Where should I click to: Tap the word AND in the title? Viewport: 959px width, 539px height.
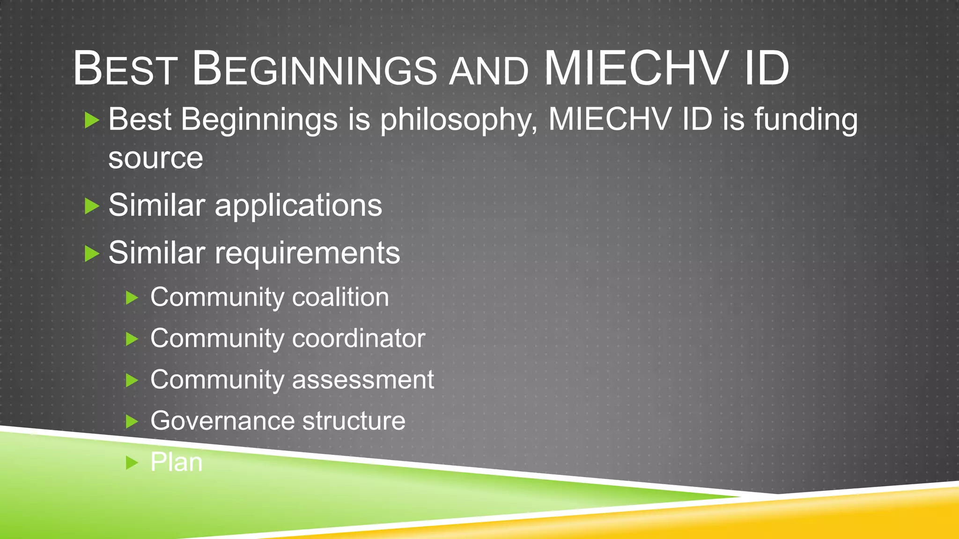click(488, 72)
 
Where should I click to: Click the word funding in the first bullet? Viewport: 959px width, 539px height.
click(806, 120)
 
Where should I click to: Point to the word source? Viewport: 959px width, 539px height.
click(155, 158)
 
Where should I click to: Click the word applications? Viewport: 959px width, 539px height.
click(298, 206)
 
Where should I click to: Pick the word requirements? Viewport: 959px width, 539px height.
click(307, 254)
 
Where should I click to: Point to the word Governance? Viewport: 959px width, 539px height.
click(222, 421)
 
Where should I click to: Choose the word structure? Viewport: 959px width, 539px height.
click(354, 421)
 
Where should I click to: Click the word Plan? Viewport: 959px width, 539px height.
click(176, 462)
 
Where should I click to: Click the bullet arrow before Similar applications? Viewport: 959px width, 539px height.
click(92, 206)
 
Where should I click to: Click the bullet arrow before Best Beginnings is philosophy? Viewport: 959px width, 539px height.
click(92, 120)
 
